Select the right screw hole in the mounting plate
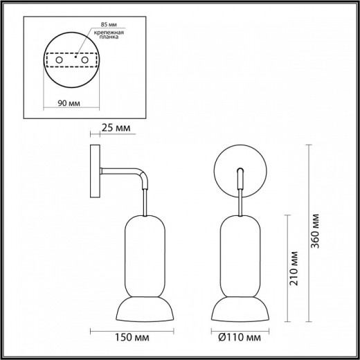click(87, 62)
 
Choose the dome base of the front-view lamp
click(240, 309)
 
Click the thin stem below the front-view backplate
click(240, 201)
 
